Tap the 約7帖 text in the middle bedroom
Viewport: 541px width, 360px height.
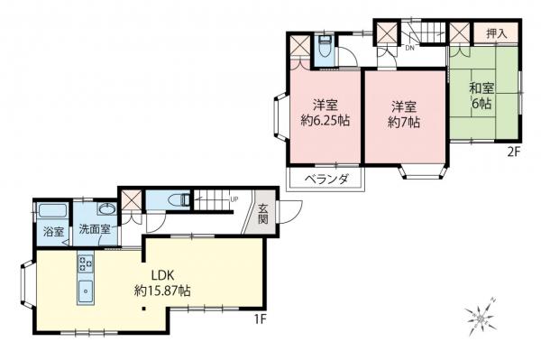tap(404, 121)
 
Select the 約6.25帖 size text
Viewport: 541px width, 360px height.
tap(325, 121)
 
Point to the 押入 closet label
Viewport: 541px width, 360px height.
tap(497, 32)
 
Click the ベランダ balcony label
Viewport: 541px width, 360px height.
tap(325, 180)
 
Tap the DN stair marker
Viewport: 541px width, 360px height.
tap(409, 49)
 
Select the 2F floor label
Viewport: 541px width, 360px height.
tap(514, 152)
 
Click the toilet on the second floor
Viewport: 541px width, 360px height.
tap(325, 46)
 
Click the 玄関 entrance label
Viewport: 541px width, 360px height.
tap(264, 213)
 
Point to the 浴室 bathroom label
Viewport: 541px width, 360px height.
tap(54, 232)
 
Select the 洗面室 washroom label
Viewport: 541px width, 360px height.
tap(94, 230)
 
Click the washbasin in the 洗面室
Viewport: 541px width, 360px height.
tap(105, 211)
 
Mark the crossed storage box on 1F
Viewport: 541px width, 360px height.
tap(132, 200)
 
